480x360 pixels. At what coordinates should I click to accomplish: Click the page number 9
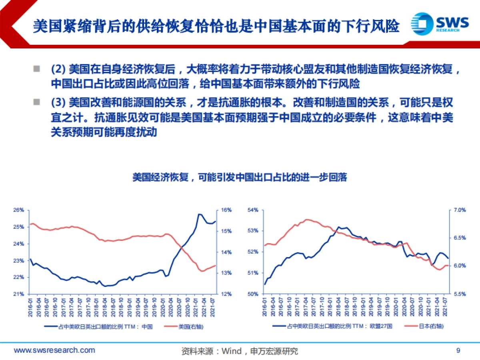point(458,351)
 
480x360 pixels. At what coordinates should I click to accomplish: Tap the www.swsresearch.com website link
point(55,350)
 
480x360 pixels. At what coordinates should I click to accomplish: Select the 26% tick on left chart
point(19,210)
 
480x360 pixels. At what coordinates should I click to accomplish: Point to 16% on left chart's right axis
point(227,210)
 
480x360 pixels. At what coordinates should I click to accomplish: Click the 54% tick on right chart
point(254,210)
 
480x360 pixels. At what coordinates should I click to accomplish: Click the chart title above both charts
point(240,177)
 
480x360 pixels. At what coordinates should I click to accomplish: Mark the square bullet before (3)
point(37,102)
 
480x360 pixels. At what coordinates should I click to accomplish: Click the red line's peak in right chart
point(307,219)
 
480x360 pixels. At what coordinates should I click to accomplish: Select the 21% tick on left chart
point(19,294)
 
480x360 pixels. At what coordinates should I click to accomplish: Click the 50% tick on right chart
point(254,294)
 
